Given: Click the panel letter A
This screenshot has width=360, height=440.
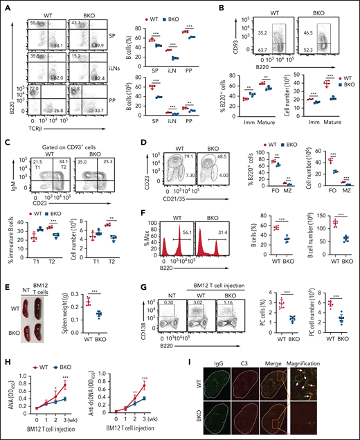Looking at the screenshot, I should (x=6, y=7).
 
